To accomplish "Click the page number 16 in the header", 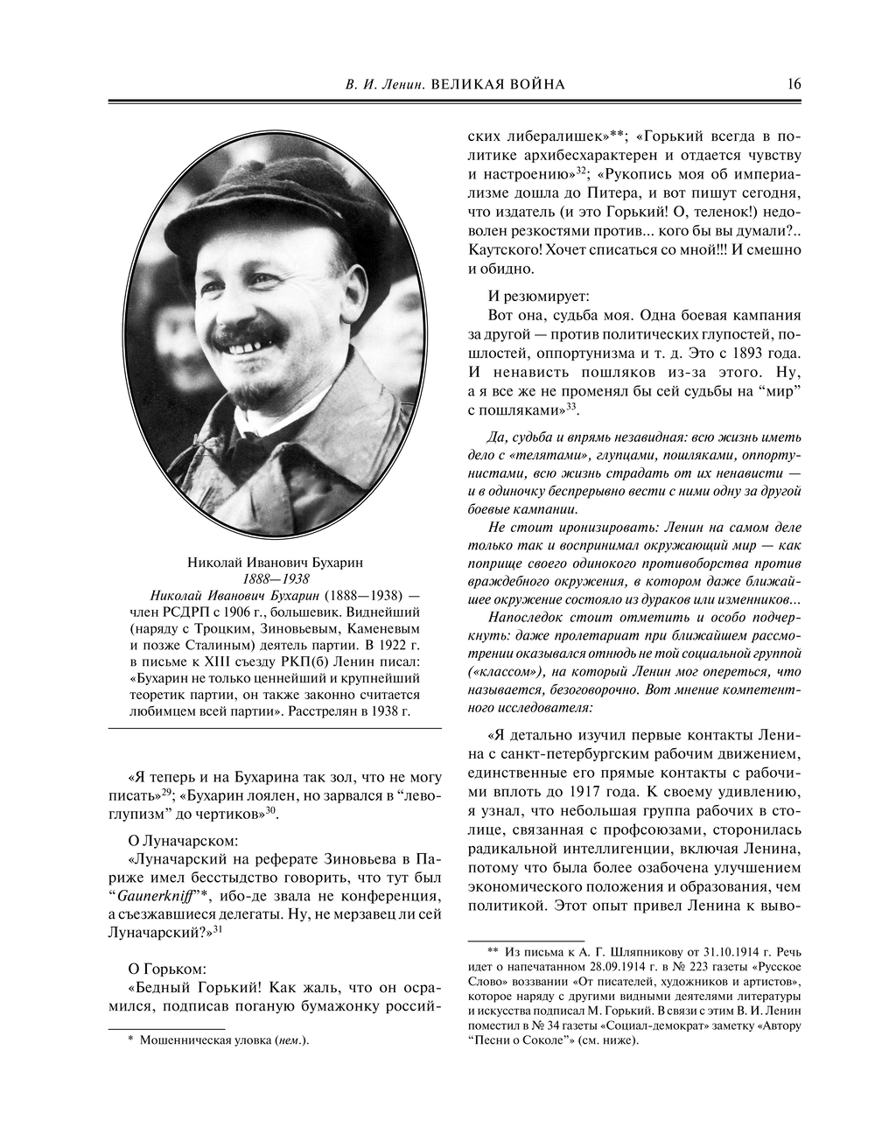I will coord(794,84).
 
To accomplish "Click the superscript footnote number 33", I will coord(570,406).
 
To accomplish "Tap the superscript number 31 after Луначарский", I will coord(219,930).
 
